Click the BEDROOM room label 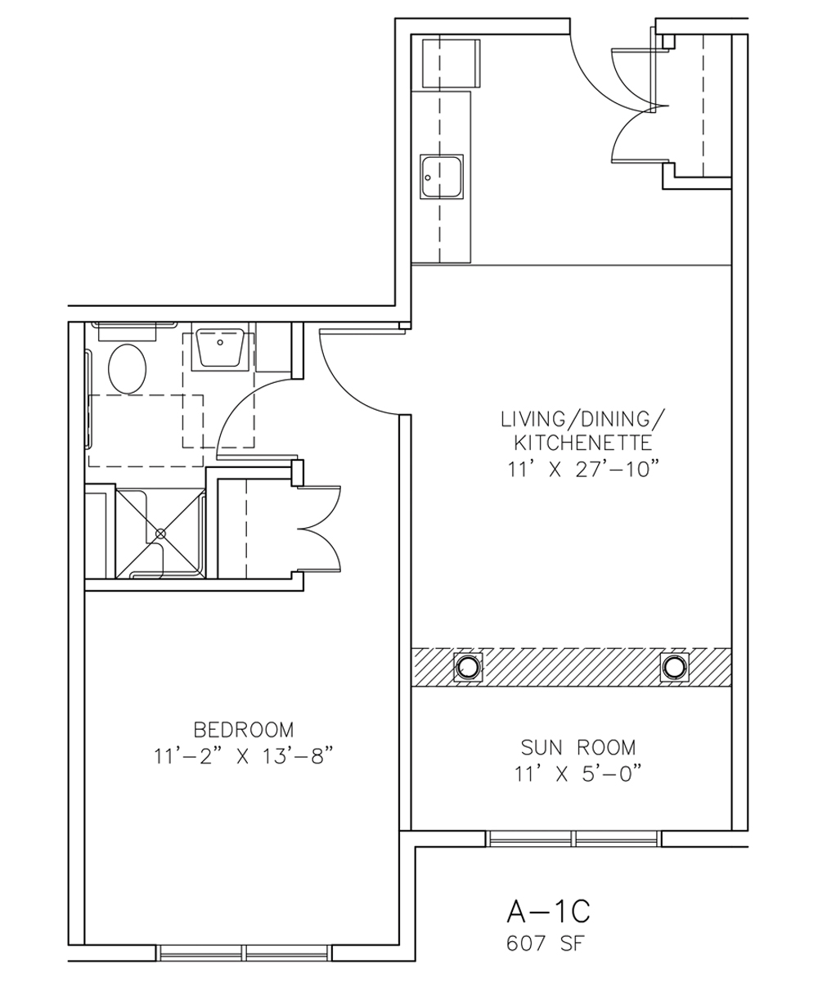point(244,729)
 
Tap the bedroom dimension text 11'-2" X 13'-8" point(244,757)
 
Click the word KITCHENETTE point(582,443)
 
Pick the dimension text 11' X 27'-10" point(582,470)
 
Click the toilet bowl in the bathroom point(127,369)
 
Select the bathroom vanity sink point(220,348)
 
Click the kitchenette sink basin point(442,177)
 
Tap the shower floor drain point(161,534)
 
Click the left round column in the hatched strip point(468,666)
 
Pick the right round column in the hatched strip point(674,666)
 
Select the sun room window point(573,839)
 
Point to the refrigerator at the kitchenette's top point(452,64)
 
